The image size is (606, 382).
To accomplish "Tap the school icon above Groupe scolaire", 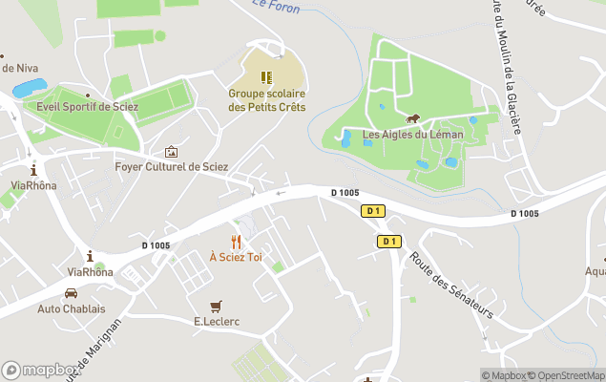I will point(267,75).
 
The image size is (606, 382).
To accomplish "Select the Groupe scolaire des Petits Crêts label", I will point(267,100).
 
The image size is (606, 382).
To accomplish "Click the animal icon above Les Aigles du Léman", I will point(413,119).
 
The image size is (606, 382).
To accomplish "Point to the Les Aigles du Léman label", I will point(413,135).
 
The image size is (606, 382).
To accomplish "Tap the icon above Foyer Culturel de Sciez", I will point(172,151).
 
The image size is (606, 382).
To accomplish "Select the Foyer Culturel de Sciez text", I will point(172,166).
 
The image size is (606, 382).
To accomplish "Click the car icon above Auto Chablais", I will point(72,293).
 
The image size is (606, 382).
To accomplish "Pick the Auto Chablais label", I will point(72,308).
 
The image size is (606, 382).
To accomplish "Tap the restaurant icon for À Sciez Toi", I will point(236,242).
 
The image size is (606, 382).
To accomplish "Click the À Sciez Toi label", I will point(236,257).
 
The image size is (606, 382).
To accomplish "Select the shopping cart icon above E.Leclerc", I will point(216,306).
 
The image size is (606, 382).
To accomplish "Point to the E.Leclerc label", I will point(216,322).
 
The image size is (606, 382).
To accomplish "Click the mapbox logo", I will point(41,371).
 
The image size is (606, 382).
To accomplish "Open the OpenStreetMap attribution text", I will point(570,375).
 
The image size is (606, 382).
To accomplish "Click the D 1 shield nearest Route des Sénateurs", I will point(388,242).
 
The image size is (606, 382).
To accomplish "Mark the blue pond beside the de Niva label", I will point(30,89).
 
